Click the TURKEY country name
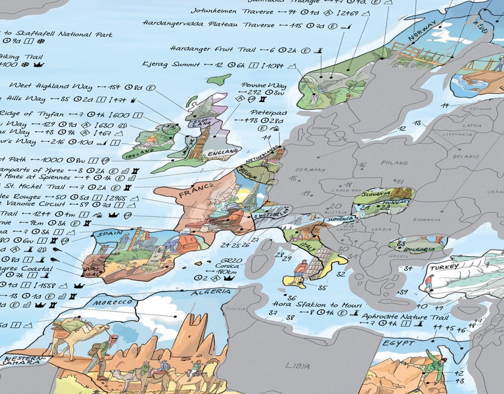click(x=444, y=268)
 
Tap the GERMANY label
click(x=311, y=170)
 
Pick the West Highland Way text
click(x=43, y=86)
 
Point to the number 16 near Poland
click(x=363, y=165)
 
